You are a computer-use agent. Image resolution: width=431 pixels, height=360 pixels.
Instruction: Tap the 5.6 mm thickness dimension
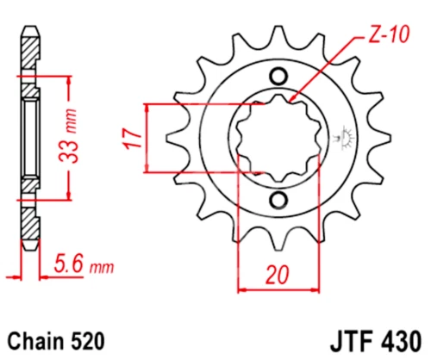coord(83,268)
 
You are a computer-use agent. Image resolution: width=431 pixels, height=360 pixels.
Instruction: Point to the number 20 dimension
coord(276,276)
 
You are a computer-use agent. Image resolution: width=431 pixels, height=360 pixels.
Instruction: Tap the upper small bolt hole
coord(278,76)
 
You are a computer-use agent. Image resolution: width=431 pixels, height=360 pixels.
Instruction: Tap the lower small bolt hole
coord(278,202)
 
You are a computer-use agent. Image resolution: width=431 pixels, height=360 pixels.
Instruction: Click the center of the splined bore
coord(278,138)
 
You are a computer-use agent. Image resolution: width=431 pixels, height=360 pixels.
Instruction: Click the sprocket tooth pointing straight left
coord(172,138)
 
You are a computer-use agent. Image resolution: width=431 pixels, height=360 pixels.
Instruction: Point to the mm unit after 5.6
coord(103,269)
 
